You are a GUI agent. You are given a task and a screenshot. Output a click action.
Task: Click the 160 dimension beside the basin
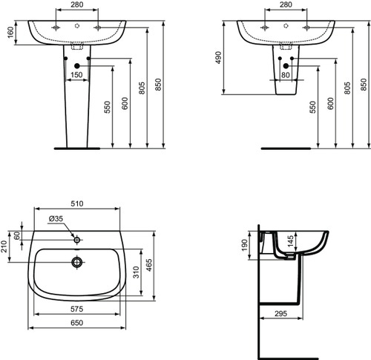(10, 33)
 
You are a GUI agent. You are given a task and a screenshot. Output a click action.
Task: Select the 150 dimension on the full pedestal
(76, 74)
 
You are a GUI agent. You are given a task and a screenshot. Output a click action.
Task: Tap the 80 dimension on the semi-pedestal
(286, 74)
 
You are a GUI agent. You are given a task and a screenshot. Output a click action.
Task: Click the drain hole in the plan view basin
(76, 261)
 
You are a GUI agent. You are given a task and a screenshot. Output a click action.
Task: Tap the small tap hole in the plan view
(76, 240)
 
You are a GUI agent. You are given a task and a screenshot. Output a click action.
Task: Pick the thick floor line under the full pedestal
(76, 147)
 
